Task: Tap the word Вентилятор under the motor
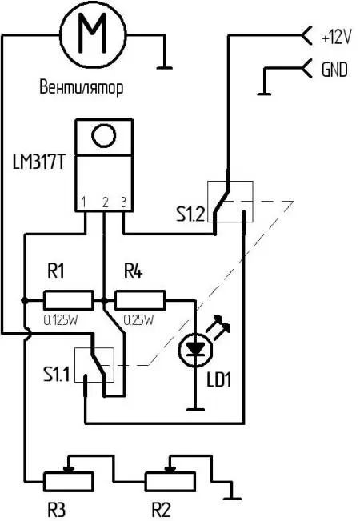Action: point(82,87)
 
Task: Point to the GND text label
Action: point(334,70)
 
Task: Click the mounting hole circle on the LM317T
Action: point(104,135)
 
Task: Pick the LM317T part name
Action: point(38,162)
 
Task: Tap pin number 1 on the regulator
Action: point(83,202)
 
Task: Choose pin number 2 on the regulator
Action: point(106,202)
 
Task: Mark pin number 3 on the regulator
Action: point(124,202)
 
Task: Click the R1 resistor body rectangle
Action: point(69,300)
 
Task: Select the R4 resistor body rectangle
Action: point(140,300)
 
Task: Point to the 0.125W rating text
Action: point(61,320)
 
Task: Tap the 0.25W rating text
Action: point(139,320)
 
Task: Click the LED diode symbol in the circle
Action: point(196,349)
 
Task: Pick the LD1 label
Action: point(219,380)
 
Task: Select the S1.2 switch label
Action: point(190,215)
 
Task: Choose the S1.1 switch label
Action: point(57,375)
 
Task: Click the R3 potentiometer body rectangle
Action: point(69,482)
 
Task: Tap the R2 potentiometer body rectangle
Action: point(170,482)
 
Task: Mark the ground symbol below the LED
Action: point(195,409)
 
